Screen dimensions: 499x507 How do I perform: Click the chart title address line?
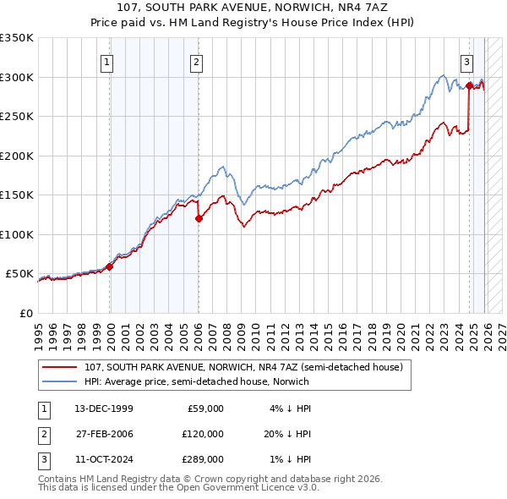point(253,8)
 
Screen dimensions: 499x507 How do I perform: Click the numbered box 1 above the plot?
point(108,62)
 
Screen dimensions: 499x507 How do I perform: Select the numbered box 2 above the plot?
point(196,62)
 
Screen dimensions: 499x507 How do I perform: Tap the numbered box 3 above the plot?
point(466,62)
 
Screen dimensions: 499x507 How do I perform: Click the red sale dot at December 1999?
point(109,266)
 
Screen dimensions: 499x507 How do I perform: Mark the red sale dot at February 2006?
point(199,219)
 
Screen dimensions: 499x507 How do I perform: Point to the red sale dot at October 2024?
point(469,85)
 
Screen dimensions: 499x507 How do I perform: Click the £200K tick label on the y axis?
point(17,156)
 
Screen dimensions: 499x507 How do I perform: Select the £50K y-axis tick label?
point(19,274)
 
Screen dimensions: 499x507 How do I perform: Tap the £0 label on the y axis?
point(26,313)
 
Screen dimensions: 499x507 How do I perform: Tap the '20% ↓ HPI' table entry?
point(286,433)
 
